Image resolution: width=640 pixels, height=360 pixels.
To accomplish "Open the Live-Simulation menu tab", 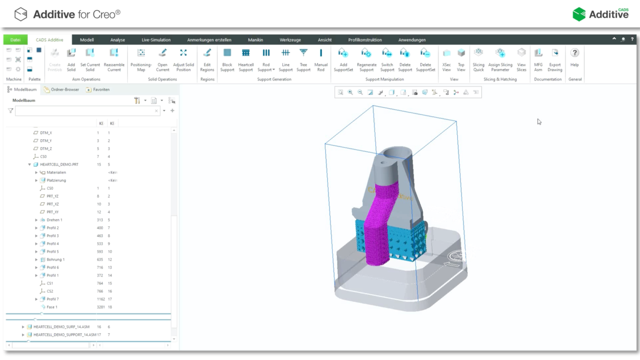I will pos(156,40).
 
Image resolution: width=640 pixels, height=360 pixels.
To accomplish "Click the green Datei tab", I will pos(15,40).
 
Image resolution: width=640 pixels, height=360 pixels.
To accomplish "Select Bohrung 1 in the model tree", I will pos(55,260).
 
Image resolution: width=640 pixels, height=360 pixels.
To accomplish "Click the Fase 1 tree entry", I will pos(52,307).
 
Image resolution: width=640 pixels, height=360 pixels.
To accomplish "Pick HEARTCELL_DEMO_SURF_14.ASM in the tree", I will pos(61,327).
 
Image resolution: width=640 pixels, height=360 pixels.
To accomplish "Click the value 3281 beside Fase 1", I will pos(100,307).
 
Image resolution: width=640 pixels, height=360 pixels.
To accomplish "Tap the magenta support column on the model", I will pos(377,233).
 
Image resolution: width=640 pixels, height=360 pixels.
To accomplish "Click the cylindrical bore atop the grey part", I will pos(397,153).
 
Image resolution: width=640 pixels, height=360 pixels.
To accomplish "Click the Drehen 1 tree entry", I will pos(54,220).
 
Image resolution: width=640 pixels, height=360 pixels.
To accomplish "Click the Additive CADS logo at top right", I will pos(600,15).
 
